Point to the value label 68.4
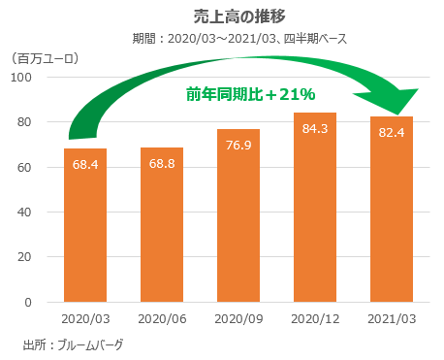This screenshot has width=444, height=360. pyautogui.click(x=84, y=164)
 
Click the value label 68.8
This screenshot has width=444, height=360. pyautogui.click(x=162, y=163)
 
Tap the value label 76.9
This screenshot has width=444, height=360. pyautogui.click(x=238, y=145)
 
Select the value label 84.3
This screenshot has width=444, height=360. pyautogui.click(x=316, y=128)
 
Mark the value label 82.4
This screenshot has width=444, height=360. pyautogui.click(x=393, y=132)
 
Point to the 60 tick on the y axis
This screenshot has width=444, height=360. pyautogui.click(x=28, y=167)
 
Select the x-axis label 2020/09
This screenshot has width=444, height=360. pyautogui.click(x=238, y=318)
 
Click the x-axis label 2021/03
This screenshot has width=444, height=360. pyautogui.click(x=393, y=318)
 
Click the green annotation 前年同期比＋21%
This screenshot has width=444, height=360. pyautogui.click(x=251, y=94)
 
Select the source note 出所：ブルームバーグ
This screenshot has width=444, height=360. pyautogui.click(x=73, y=344)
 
